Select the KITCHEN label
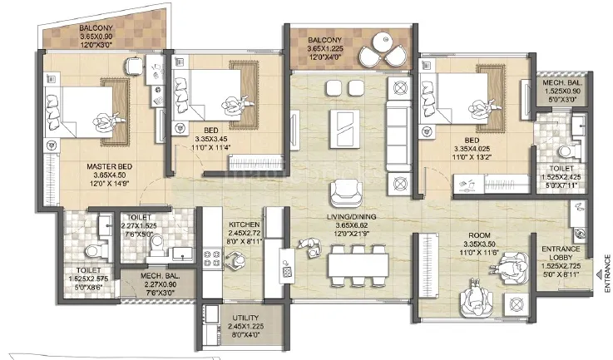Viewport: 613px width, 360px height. (245, 225)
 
